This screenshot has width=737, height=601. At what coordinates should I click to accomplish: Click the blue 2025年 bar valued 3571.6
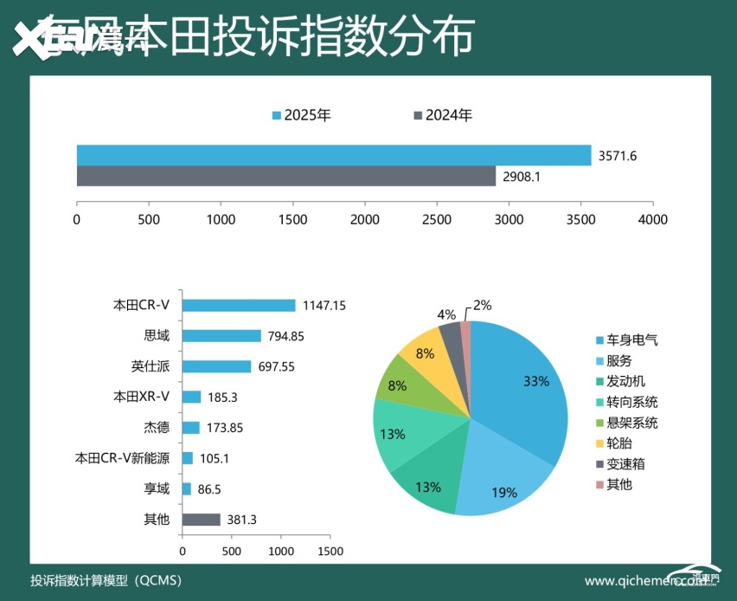click(333, 155)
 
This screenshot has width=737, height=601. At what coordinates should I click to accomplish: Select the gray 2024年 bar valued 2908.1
click(285, 176)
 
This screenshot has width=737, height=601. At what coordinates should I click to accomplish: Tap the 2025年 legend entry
click(302, 115)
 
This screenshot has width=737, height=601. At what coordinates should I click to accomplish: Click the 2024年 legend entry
click(443, 115)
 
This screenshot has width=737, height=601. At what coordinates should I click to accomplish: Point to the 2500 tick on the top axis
click(437, 219)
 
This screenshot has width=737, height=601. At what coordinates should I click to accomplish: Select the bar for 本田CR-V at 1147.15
click(239, 305)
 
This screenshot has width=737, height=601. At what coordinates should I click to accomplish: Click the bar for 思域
click(221, 336)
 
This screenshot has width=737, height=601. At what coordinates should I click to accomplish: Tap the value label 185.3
click(222, 397)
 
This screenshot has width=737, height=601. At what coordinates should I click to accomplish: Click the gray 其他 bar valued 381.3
click(202, 520)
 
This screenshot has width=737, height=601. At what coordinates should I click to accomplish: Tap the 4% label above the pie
click(446, 313)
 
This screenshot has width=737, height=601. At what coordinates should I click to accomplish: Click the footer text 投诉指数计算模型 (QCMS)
click(106, 580)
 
